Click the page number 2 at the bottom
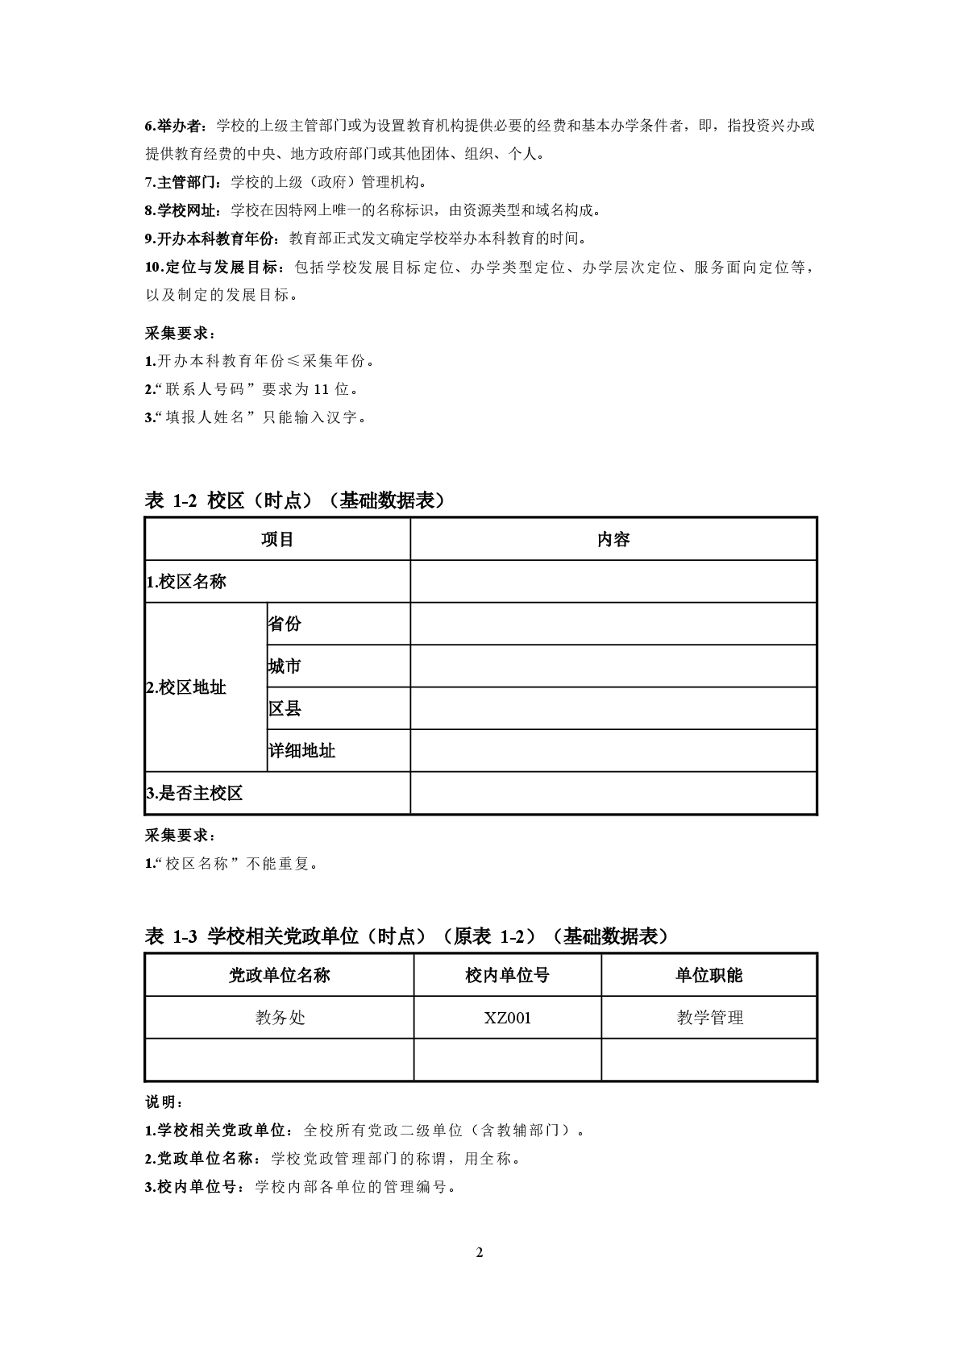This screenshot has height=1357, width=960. tap(480, 1252)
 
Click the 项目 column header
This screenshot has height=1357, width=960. tap(277, 539)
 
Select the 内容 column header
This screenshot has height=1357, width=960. tap(613, 539)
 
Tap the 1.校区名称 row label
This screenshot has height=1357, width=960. tap(186, 582)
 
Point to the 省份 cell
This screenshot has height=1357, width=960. tap(285, 624)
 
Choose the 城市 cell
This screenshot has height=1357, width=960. tap(285, 666)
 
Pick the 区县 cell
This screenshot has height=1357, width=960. tap(285, 709)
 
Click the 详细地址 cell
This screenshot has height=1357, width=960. tap(301, 751)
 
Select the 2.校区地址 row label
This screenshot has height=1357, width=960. tap(186, 687)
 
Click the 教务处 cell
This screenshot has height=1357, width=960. tap(280, 1018)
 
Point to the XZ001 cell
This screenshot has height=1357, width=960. tap(508, 1018)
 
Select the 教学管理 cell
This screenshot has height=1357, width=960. tap(709, 1018)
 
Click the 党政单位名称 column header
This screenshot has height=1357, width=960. tap(280, 975)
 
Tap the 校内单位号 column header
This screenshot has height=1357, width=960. tap(508, 975)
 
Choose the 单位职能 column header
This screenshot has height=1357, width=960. tap(709, 975)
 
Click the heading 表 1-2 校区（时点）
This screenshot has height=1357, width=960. tap(295, 500)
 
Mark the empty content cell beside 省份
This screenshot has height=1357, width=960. tap(613, 624)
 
